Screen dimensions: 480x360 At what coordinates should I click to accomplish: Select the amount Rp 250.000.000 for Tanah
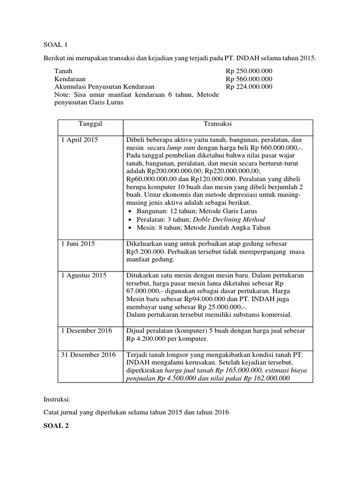tap(249, 71)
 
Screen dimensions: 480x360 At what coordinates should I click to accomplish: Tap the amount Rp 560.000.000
tap(249, 79)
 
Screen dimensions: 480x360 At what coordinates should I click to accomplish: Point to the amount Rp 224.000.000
tap(249, 87)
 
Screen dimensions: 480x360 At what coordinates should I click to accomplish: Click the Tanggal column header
tap(90, 124)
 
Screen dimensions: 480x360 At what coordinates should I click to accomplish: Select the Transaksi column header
tap(217, 124)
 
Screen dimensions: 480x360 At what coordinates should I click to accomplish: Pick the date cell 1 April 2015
tap(79, 140)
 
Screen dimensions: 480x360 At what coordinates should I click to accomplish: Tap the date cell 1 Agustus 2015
tap(84, 275)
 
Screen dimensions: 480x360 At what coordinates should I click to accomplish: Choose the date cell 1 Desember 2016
tap(87, 330)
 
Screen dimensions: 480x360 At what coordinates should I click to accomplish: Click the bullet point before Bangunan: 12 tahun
tap(130, 211)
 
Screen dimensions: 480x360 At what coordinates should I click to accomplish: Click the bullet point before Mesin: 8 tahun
tap(130, 227)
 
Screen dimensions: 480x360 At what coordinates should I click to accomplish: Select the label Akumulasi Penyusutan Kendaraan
tap(104, 87)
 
